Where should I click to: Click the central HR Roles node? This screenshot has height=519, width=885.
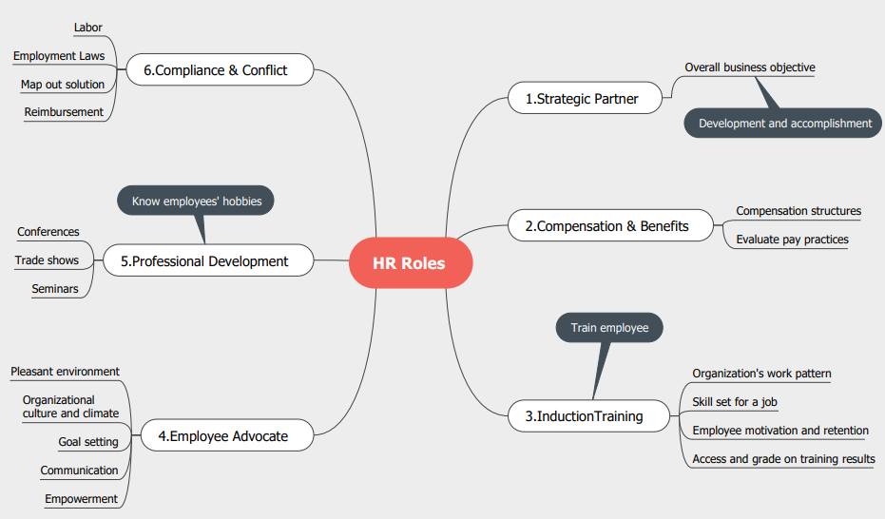click(411, 263)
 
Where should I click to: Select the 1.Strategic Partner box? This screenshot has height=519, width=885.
click(585, 98)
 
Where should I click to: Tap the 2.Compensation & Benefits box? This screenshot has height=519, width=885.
click(610, 225)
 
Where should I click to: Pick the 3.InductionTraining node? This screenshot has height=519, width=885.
click(588, 416)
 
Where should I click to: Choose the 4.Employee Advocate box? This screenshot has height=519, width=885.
click(227, 435)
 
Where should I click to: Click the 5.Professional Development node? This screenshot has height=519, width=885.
click(208, 260)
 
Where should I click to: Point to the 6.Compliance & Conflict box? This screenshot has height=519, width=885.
click(220, 70)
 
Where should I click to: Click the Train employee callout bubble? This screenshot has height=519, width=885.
click(609, 328)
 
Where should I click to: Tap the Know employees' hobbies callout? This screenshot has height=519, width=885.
click(196, 201)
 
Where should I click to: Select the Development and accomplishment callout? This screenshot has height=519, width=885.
click(783, 123)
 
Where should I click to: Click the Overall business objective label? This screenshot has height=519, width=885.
click(750, 67)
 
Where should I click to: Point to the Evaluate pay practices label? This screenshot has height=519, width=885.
click(792, 240)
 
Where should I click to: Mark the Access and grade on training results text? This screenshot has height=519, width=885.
click(783, 459)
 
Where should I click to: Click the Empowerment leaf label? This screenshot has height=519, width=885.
click(82, 499)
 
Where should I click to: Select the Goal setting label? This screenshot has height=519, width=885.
click(88, 442)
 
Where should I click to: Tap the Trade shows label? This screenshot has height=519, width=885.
click(47, 260)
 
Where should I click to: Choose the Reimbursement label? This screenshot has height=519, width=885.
click(64, 112)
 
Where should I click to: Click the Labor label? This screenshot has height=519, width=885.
click(88, 28)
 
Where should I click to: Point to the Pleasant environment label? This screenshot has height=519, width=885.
click(65, 372)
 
